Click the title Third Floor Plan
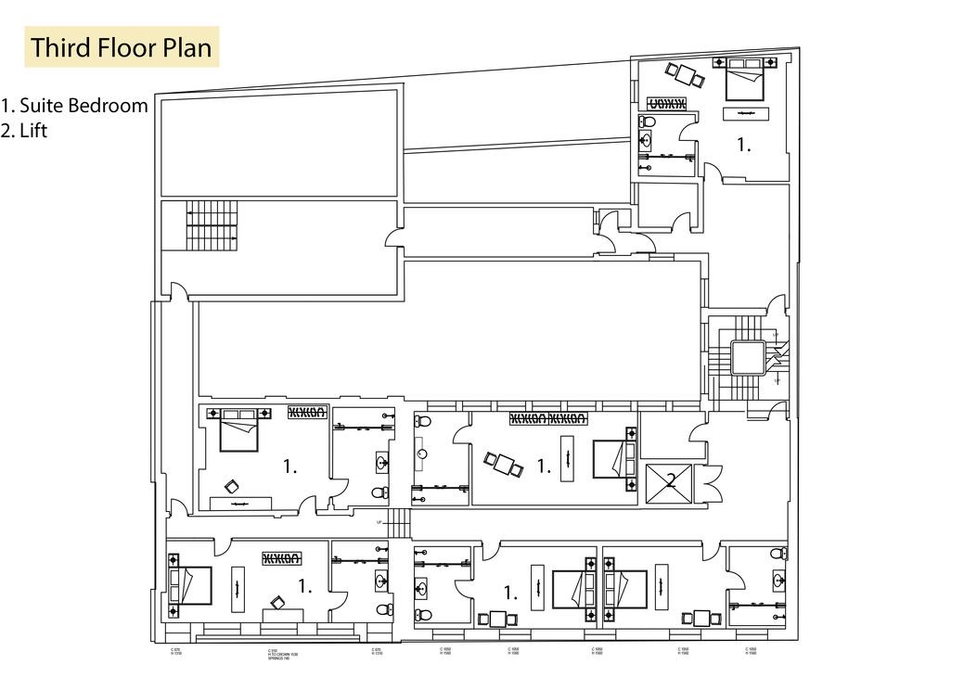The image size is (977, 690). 122,47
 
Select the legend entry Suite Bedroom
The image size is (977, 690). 74,106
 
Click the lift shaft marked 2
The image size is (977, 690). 670,482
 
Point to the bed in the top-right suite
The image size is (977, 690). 744,82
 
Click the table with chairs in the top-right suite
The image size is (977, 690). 685,73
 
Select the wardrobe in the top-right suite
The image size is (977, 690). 666,103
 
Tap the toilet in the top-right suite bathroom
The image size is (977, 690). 648,122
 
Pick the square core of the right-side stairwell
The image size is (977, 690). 747,357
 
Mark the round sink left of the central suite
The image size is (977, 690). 423,454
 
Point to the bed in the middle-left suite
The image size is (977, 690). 239,431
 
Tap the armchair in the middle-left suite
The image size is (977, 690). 231,485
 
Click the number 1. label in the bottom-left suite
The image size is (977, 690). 304,586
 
